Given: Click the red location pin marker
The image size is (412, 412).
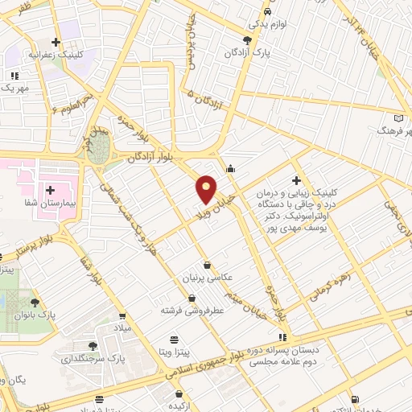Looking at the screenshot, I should [206, 189].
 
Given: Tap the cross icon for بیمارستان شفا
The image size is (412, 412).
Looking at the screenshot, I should [51, 191].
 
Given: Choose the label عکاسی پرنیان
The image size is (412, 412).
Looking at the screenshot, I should [208, 277].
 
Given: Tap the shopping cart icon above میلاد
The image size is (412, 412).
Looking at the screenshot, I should [123, 316].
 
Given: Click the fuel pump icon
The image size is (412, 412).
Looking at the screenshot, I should [355, 399].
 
